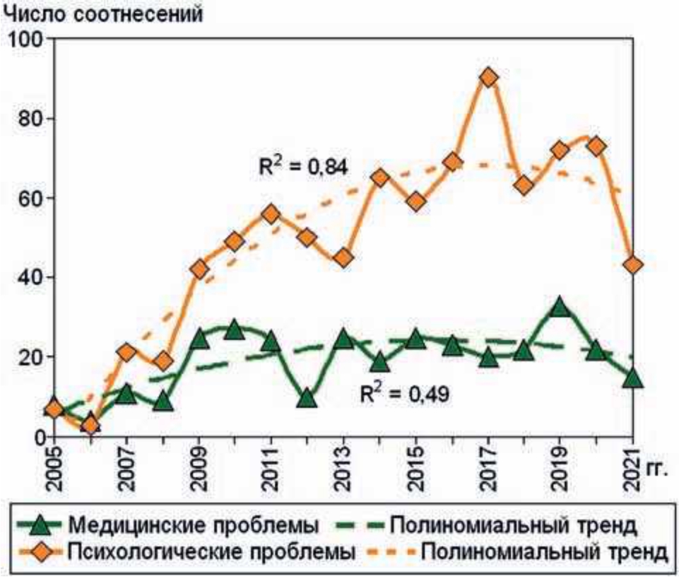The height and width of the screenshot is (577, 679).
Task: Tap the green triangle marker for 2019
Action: [x=560, y=308]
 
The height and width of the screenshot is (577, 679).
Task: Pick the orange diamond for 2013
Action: [x=343, y=257]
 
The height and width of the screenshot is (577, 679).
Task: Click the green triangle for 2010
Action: [x=235, y=330]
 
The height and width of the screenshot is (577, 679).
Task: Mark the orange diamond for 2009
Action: [x=199, y=269]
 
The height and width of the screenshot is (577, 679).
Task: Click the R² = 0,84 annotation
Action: [x=297, y=168]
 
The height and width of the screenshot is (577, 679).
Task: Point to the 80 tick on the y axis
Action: [x=29, y=118]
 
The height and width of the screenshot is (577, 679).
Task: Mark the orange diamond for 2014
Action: [x=379, y=178]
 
